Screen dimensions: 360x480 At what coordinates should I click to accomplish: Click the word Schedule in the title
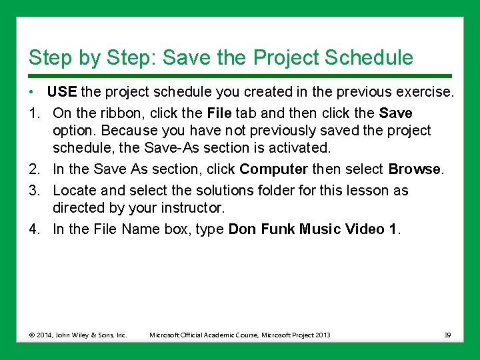[x=369, y=57]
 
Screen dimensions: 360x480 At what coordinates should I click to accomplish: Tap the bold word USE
[x=62, y=91]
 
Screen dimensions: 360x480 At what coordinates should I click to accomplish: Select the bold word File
[x=219, y=113]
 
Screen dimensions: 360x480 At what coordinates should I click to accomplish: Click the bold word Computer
[x=273, y=170]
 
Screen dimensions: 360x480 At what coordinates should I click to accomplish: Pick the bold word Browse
[x=414, y=170]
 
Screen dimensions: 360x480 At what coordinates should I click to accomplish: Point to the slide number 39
[x=447, y=335]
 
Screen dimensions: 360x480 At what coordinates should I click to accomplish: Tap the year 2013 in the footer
[x=323, y=335]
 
